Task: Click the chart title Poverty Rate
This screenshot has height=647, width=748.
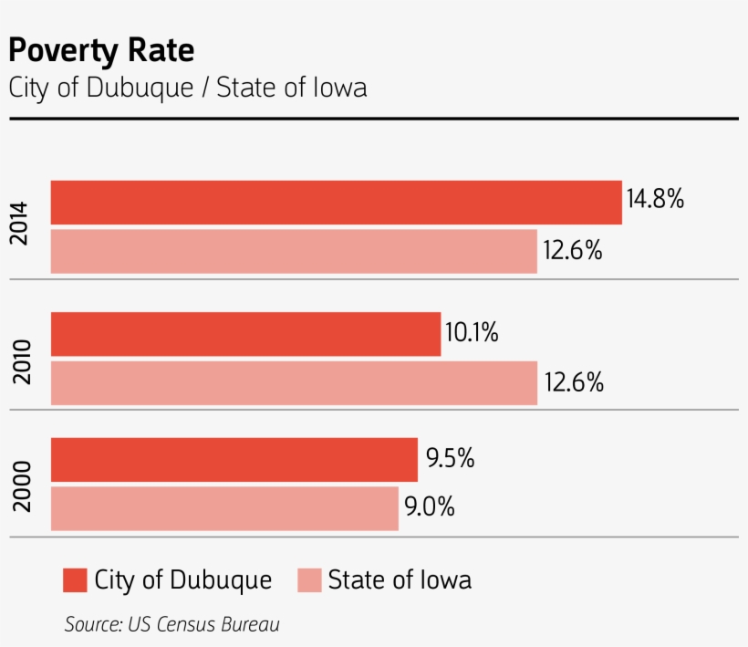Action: point(101,50)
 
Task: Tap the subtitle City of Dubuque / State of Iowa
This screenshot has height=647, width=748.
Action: point(187,89)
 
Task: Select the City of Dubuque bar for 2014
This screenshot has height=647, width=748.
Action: point(336,202)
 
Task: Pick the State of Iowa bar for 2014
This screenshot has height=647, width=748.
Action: point(294,251)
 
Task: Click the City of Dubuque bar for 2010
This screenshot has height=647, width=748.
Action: point(245,334)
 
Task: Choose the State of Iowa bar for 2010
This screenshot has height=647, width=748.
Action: point(294,383)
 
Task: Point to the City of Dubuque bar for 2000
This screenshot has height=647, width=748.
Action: point(234,460)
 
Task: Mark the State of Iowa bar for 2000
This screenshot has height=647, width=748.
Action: point(224,508)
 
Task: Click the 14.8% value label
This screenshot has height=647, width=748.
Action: point(655,199)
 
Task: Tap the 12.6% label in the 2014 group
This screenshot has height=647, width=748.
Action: point(573,251)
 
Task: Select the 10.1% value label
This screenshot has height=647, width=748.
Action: point(472,333)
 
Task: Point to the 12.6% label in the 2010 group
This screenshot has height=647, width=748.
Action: point(574,383)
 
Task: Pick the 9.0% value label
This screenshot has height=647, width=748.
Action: point(430,507)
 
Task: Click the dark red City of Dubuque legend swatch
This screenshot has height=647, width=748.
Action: point(75,580)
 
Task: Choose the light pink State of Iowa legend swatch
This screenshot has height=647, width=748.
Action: point(310,580)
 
